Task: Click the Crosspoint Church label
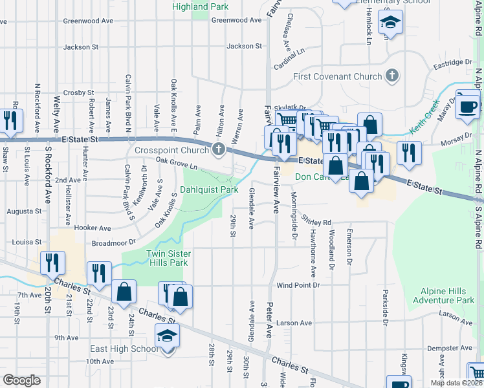point(171,151)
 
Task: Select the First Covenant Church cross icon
point(391,76)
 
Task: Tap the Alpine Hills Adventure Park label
point(447,296)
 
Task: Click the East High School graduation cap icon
point(168,337)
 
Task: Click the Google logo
point(21,380)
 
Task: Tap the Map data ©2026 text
point(456,383)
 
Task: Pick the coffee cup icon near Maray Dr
point(468,105)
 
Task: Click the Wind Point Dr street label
point(298,285)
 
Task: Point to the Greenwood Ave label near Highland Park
point(237,20)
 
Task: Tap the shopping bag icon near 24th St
point(124,292)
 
